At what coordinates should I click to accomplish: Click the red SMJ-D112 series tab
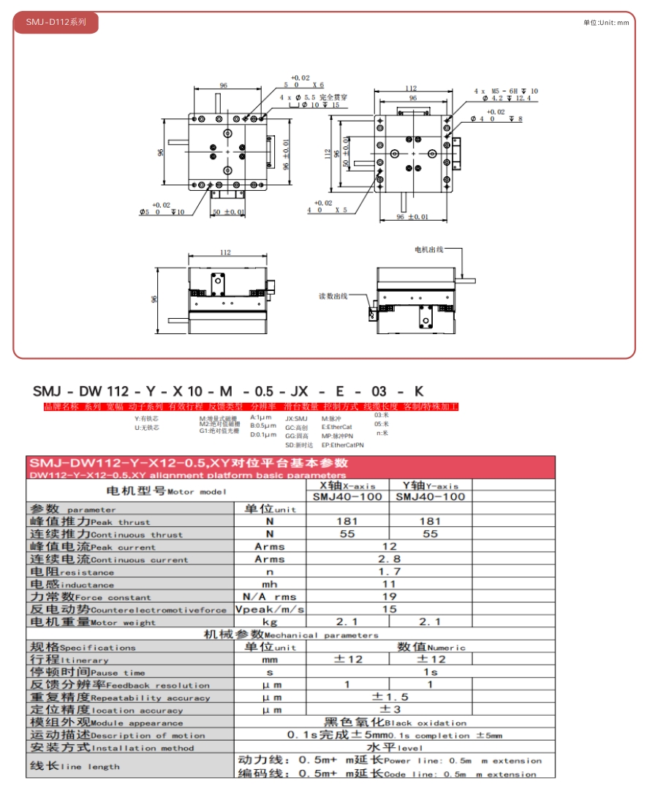(56, 23)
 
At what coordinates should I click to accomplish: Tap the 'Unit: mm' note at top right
(605, 23)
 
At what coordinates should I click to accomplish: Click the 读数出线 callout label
(333, 296)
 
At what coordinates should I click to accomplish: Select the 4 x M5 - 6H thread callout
(505, 91)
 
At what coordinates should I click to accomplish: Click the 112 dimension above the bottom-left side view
(225, 252)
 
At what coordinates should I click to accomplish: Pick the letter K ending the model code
(419, 391)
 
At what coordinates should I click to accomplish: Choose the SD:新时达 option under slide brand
(298, 445)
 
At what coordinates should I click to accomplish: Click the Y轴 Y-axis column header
(430, 485)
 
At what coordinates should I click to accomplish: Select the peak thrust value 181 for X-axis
(347, 521)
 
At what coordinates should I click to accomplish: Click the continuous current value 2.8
(389, 559)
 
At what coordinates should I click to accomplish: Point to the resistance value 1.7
(389, 571)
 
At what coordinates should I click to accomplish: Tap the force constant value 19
(389, 597)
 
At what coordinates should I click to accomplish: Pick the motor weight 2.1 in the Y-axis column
(430, 621)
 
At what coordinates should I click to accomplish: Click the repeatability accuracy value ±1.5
(389, 697)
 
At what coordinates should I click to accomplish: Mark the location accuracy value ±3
(389, 709)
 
